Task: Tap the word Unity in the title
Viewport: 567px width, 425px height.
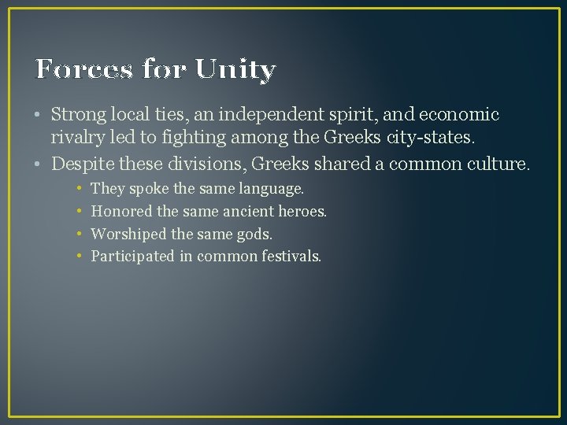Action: (x=235, y=70)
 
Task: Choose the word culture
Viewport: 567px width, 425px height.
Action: (x=501, y=164)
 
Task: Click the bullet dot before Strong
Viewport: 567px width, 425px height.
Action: (x=39, y=116)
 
